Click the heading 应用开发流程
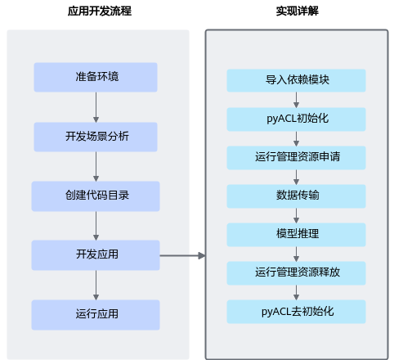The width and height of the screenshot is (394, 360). tap(100, 11)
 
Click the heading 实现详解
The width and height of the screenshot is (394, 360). tap(298, 11)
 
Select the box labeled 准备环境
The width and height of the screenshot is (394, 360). tap(96, 77)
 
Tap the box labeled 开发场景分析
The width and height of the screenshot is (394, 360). tap(96, 137)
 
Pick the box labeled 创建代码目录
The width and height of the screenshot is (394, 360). tap(96, 196)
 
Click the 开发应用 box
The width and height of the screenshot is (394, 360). tap(96, 255)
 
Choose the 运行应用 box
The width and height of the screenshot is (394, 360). tap(96, 315)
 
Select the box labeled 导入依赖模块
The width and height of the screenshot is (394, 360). tap(296, 80)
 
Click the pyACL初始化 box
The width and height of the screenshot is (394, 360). tap(296, 119)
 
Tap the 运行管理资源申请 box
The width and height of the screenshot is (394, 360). tap(296, 158)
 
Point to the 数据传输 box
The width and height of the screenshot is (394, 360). tap(296, 196)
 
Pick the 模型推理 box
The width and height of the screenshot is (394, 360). tap(296, 235)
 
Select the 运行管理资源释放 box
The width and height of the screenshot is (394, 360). tap(296, 273)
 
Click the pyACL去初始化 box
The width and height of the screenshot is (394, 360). tap(296, 312)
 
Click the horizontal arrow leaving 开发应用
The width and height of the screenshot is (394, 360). tap(182, 255)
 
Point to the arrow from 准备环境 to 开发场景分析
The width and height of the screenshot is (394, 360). tap(96, 107)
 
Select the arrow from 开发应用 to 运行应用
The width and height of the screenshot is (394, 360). tap(96, 285)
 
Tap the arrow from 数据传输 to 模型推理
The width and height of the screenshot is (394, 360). tap(296, 215)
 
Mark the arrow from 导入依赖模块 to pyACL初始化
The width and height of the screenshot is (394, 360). tap(296, 100)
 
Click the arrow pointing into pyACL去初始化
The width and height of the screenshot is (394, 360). tap(296, 293)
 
